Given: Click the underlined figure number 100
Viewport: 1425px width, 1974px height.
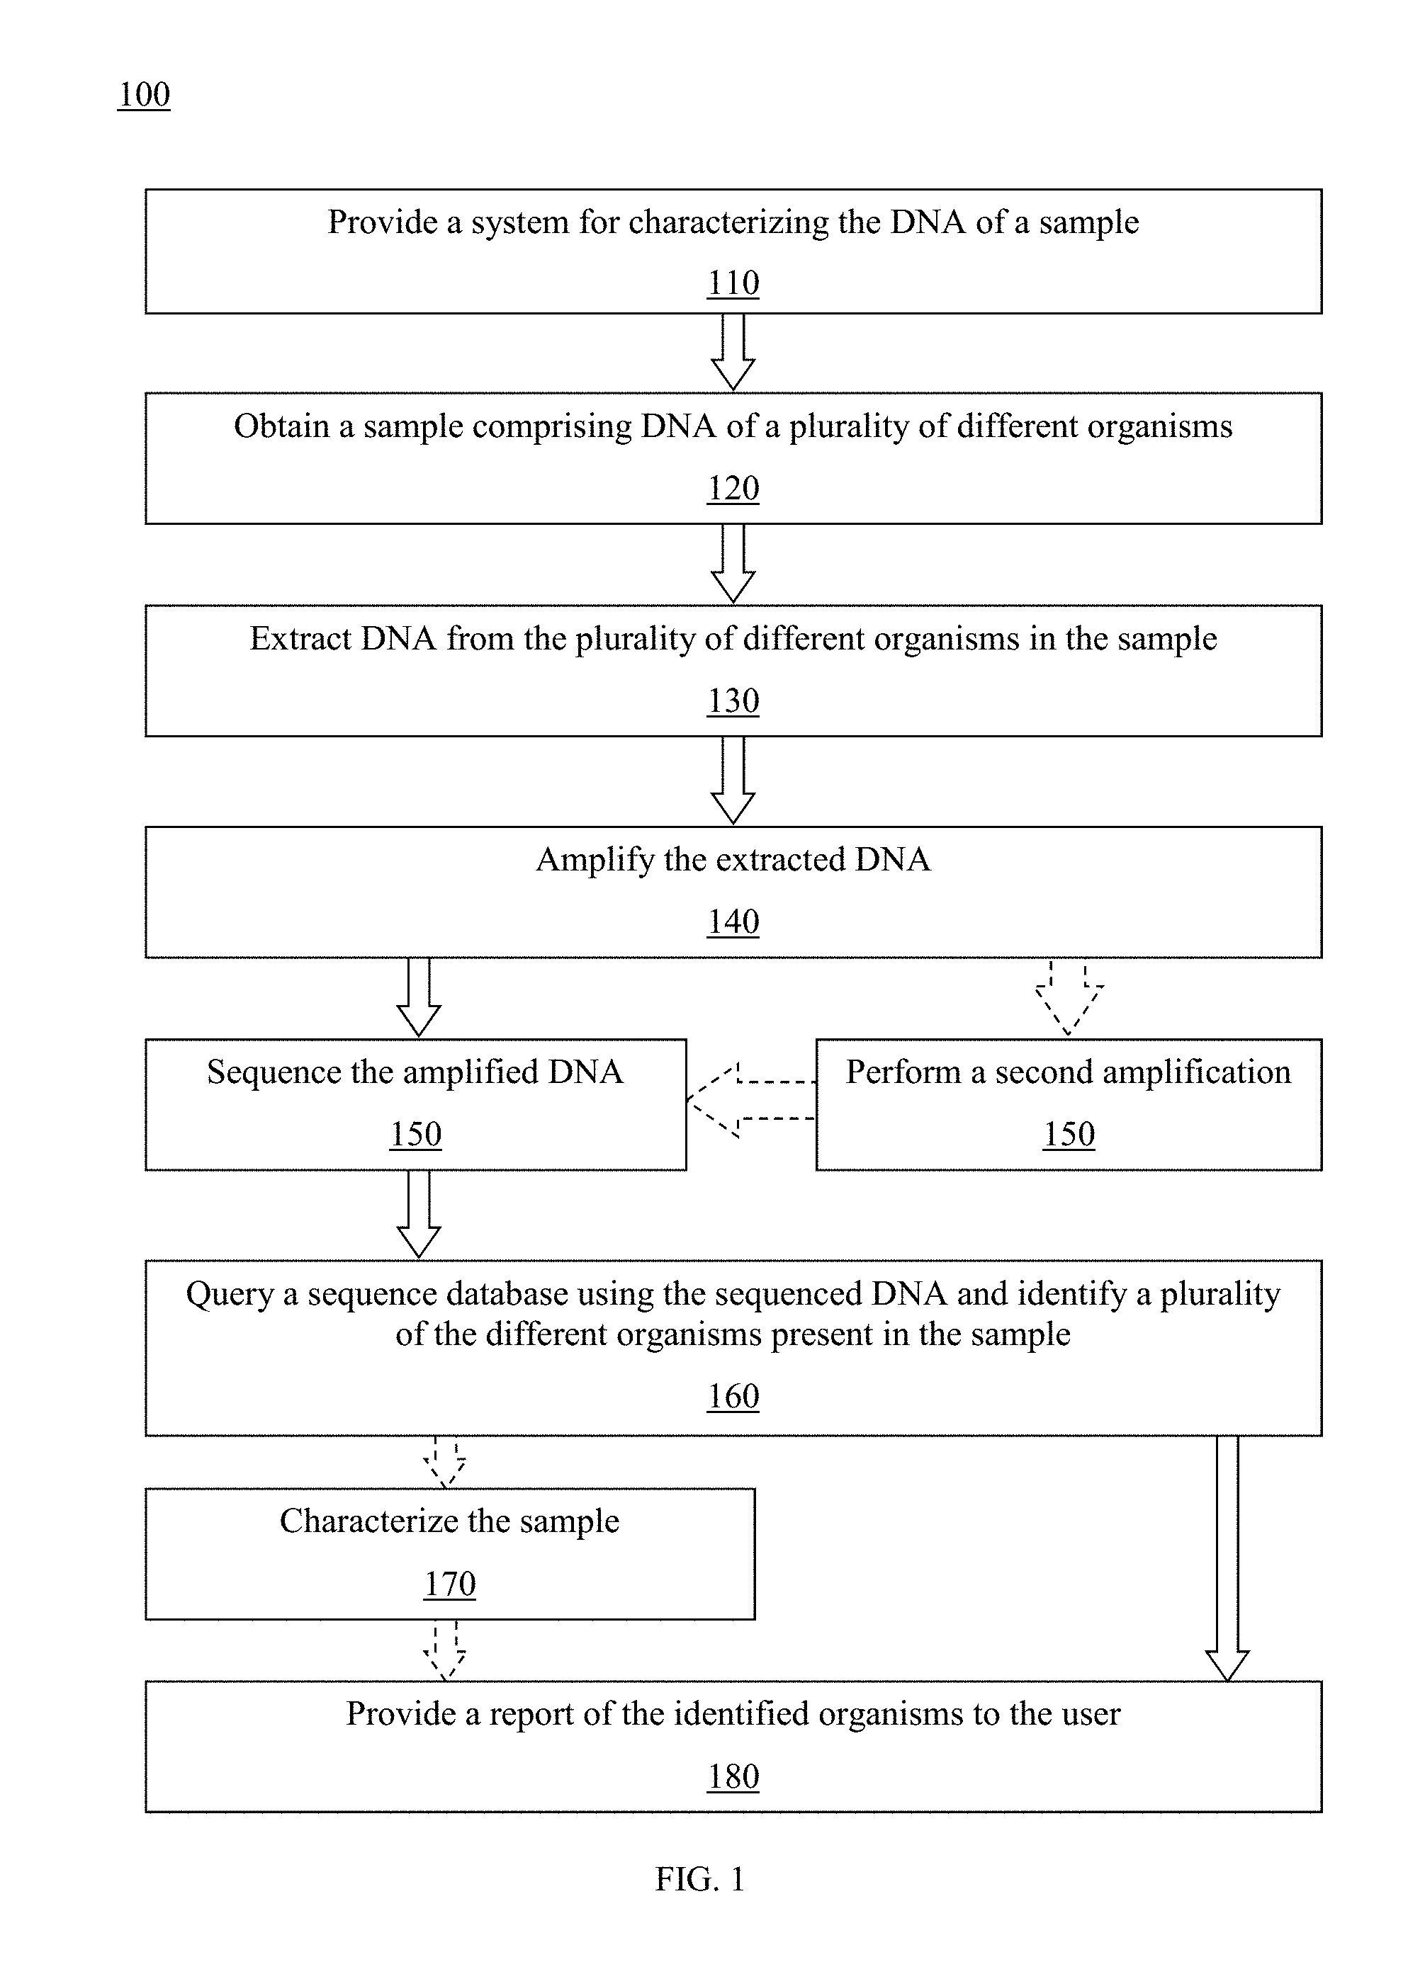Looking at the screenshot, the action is pyautogui.click(x=144, y=94).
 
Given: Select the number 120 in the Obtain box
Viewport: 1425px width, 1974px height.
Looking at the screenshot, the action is pyautogui.click(x=733, y=488).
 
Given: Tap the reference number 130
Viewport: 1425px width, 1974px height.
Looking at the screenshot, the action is pyautogui.click(x=733, y=700).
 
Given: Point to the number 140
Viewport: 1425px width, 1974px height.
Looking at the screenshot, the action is pyautogui.click(x=733, y=921).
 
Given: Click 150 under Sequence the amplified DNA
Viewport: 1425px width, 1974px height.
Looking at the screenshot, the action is pyautogui.click(x=415, y=1134).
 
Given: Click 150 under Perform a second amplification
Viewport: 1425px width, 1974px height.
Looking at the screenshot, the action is pyautogui.click(x=1069, y=1134).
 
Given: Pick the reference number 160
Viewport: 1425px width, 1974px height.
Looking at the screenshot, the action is pyautogui.click(x=733, y=1397).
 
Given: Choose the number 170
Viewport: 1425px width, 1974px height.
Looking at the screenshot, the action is pyautogui.click(x=450, y=1584).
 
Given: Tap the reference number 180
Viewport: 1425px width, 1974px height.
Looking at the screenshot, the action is pyautogui.click(x=733, y=1776).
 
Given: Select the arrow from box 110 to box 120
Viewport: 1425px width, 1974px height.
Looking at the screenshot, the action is pyautogui.click(x=733, y=351).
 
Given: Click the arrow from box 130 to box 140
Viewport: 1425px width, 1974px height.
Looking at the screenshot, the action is pyautogui.click(x=733, y=780).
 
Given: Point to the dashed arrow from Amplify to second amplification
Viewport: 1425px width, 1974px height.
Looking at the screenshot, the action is pyautogui.click(x=1069, y=997).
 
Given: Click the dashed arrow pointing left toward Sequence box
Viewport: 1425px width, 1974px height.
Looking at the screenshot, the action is pyautogui.click(x=751, y=1100).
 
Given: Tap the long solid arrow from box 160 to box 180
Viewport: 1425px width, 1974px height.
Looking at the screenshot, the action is pyautogui.click(x=1227, y=1558).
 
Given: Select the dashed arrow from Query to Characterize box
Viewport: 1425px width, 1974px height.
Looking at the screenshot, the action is pyautogui.click(x=445, y=1462).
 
